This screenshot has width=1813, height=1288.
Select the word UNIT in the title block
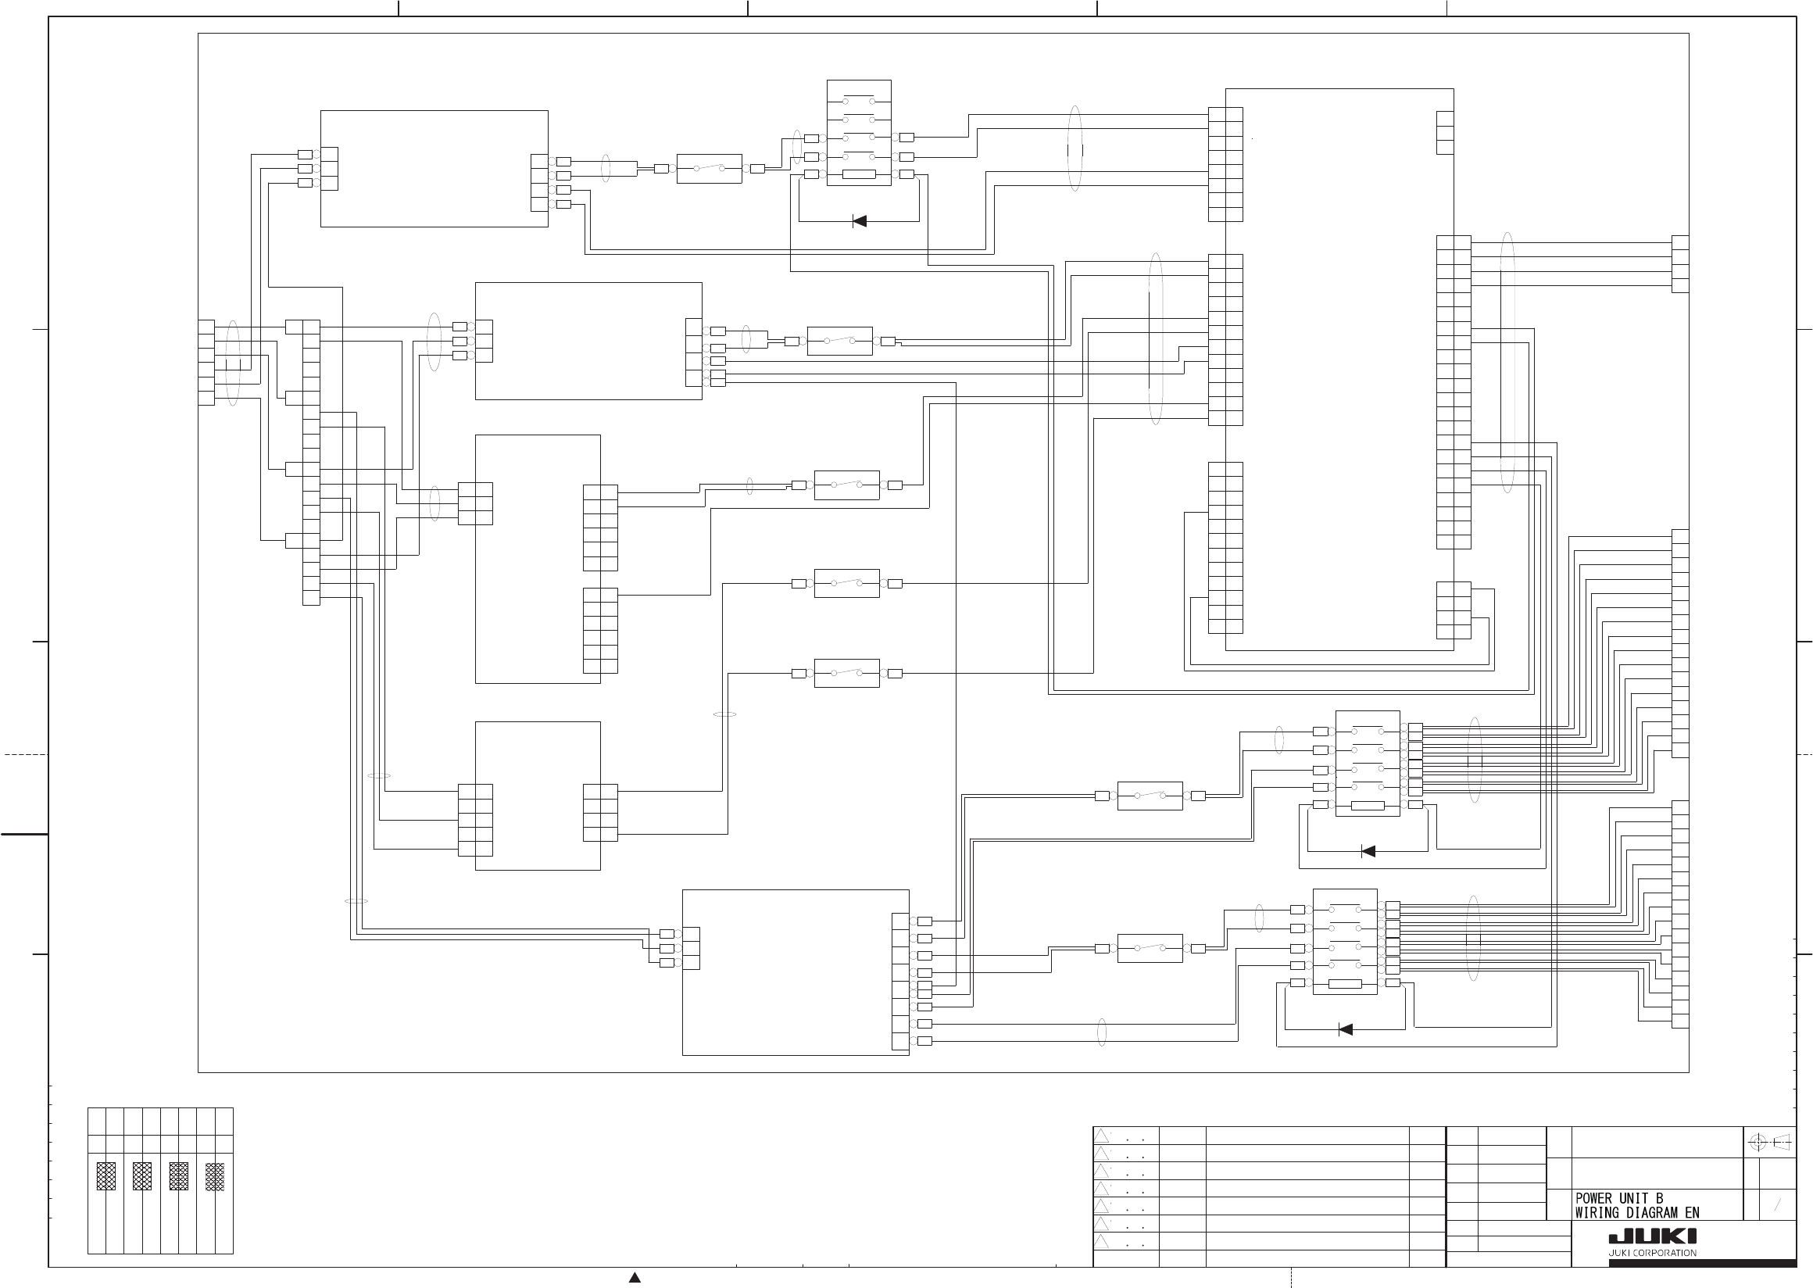(x=1636, y=1198)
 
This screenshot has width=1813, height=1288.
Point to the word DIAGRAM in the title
(x=1654, y=1213)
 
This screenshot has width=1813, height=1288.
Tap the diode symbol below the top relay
(x=859, y=221)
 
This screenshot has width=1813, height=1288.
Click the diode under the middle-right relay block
(x=1368, y=852)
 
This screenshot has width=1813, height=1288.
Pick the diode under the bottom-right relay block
(x=1346, y=1029)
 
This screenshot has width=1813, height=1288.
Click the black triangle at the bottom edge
(x=635, y=1277)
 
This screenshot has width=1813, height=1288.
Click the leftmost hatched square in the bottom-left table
(x=106, y=1176)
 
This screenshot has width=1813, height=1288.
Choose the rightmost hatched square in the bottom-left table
(x=215, y=1176)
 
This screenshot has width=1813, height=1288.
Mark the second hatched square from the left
(x=142, y=1176)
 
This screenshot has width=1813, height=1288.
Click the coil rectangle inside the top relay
(x=858, y=174)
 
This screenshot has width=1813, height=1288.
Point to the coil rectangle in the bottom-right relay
(x=1345, y=984)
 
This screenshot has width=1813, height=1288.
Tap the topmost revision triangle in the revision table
(x=1102, y=1136)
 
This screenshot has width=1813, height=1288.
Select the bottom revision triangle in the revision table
(x=1102, y=1241)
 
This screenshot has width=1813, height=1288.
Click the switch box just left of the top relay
(x=709, y=169)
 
